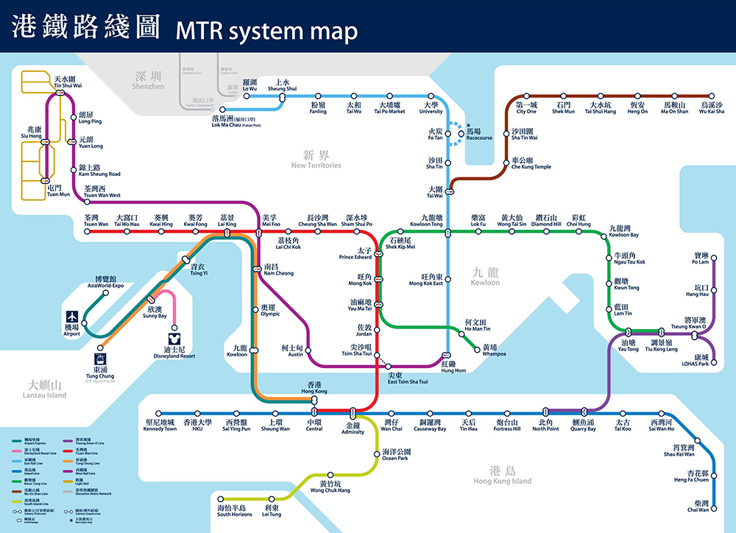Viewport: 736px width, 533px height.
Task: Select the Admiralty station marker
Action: pyautogui.click(x=353, y=411)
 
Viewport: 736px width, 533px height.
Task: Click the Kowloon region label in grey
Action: pyautogui.click(x=486, y=278)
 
